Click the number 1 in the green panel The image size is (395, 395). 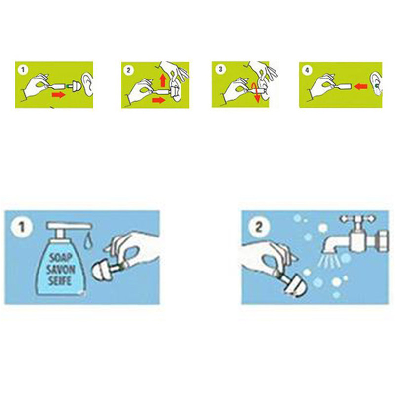click(x=23, y=70)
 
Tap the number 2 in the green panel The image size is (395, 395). click(x=128, y=70)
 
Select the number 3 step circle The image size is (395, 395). click(x=220, y=69)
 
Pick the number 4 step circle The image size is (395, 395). click(x=307, y=70)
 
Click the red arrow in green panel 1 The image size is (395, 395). click(x=58, y=95)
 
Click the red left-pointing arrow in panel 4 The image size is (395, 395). click(x=360, y=87)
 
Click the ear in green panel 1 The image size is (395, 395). click(x=87, y=84)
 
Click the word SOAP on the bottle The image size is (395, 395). click(x=57, y=258)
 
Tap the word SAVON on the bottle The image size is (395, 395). click(x=61, y=270)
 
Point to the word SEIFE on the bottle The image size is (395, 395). click(x=60, y=280)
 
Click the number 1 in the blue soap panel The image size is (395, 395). click(x=22, y=227)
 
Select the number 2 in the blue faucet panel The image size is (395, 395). click(x=259, y=226)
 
